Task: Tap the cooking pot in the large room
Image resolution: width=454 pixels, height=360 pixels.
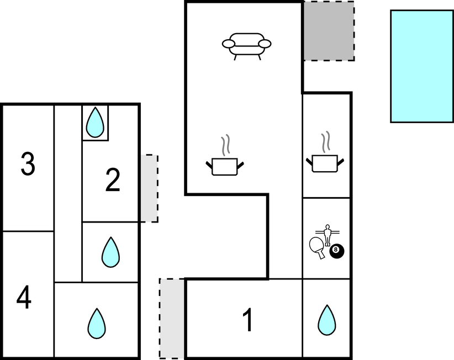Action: (225, 166)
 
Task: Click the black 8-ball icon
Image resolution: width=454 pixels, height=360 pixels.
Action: (337, 252)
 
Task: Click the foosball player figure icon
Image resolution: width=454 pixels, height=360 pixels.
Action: (327, 234)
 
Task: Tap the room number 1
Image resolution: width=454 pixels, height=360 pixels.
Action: (248, 320)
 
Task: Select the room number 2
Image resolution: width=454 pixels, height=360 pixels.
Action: (113, 181)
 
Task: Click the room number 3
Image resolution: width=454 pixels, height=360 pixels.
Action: (28, 165)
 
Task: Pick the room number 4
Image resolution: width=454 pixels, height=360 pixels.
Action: (24, 299)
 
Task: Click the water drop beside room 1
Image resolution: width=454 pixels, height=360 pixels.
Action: (326, 320)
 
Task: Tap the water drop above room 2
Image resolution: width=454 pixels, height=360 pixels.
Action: (95, 122)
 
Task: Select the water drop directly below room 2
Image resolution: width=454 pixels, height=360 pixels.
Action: (110, 252)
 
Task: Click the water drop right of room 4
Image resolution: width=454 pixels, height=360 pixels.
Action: (97, 324)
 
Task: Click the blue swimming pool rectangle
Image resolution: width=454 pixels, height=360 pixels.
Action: (421, 66)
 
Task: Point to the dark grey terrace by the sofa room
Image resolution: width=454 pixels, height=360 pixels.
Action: (329, 31)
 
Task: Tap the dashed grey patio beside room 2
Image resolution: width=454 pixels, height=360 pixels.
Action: (149, 188)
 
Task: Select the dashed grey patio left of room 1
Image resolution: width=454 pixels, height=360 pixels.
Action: (172, 318)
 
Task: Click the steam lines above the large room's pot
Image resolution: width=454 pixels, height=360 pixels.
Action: (225, 145)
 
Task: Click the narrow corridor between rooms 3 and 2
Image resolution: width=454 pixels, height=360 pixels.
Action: (68, 193)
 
